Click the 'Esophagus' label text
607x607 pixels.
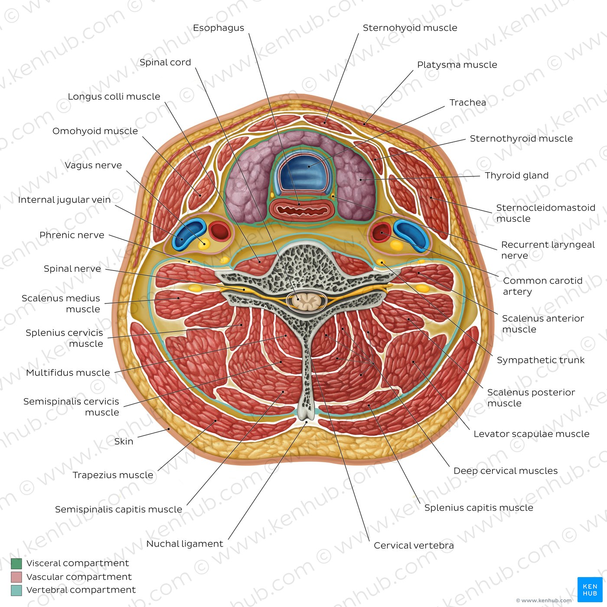[x=218, y=28]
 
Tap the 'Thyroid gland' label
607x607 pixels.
[x=516, y=176]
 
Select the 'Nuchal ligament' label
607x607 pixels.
[x=185, y=543]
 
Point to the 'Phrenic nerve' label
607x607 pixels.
[x=72, y=235]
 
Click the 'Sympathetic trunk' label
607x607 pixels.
[x=541, y=360]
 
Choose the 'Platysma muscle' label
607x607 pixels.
[x=457, y=65]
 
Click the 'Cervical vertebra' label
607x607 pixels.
[x=414, y=545]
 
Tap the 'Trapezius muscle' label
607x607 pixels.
[x=113, y=475]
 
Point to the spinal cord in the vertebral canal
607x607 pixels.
[x=305, y=301]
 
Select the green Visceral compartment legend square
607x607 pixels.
[x=16, y=563]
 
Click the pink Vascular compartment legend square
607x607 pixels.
[x=16, y=577]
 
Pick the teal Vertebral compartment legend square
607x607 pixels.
[x=16, y=590]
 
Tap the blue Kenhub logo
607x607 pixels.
[x=590, y=589]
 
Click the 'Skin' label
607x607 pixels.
[x=124, y=441]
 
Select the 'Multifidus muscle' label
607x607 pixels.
[x=68, y=372]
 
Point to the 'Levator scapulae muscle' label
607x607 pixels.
[x=532, y=434]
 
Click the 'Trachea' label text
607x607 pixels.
[x=467, y=103]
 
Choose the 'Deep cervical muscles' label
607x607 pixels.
[x=505, y=470]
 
